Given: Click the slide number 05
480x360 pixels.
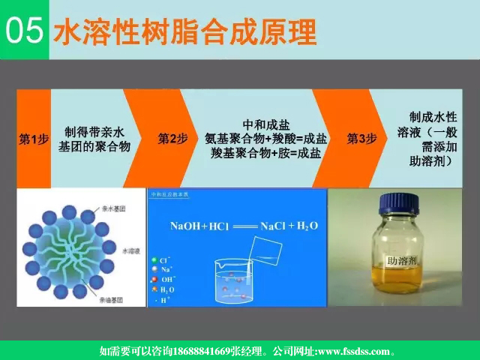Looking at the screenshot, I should [x=23, y=31].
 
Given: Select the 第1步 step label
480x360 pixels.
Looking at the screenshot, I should [x=34, y=139].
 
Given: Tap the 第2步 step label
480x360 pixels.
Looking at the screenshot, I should [x=172, y=139].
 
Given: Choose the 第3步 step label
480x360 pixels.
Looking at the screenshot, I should [x=361, y=139].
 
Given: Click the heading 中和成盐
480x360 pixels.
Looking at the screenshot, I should [x=266, y=124].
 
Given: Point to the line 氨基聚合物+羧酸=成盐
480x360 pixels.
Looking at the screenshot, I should [x=265, y=139].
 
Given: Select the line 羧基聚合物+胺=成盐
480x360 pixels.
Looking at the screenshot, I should [x=265, y=153].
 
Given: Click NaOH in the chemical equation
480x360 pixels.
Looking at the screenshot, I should [x=188, y=226].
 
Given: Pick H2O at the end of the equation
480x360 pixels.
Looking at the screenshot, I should [x=307, y=226].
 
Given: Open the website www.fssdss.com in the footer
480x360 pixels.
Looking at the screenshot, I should [x=352, y=351].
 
